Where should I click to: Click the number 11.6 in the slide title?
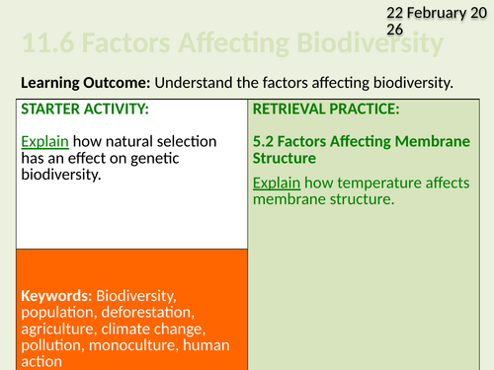click(44, 45)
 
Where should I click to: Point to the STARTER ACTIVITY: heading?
click(84, 108)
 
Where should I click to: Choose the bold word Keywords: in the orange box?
click(54, 295)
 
